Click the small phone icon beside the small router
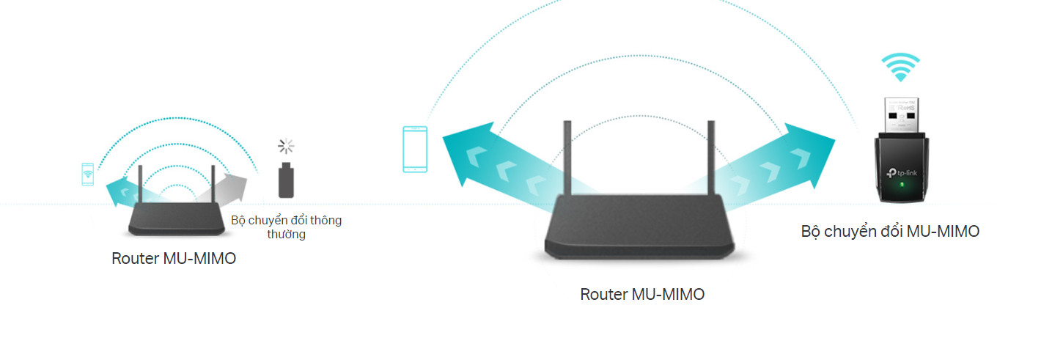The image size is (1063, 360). pyautogui.click(x=87, y=174)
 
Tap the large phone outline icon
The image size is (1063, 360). pyautogui.click(x=415, y=150)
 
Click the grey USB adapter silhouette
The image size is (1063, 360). pyautogui.click(x=287, y=180)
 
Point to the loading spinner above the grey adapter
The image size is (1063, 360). pyautogui.click(x=286, y=146)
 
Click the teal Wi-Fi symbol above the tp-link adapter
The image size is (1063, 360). pyautogui.click(x=900, y=68)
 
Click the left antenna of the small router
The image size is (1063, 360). pyautogui.click(x=139, y=185)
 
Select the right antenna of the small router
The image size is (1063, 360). pyautogui.click(x=213, y=185)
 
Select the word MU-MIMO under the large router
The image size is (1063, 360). pyautogui.click(x=669, y=295)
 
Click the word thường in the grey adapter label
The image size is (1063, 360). pyautogui.click(x=286, y=235)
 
